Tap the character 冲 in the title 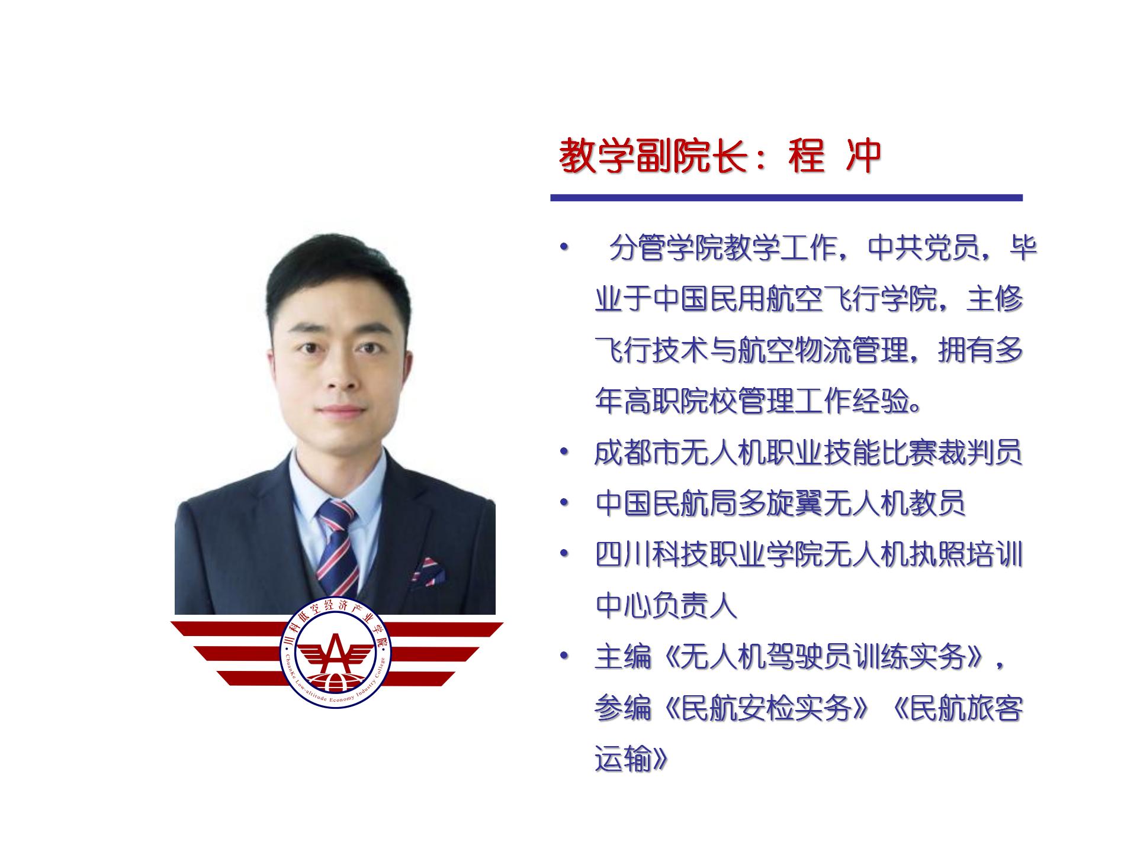(x=863, y=157)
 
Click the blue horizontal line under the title (x=786, y=198)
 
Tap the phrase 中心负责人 (x=666, y=605)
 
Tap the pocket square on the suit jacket (x=428, y=572)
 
